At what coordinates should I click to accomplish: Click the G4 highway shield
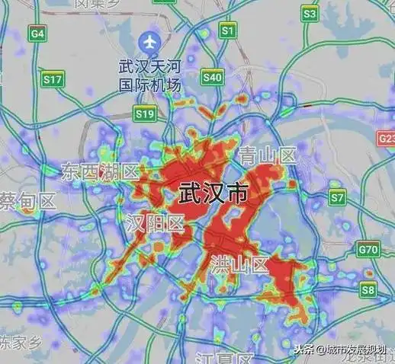tap(37, 34)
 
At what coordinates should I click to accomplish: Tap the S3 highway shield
tap(309, 14)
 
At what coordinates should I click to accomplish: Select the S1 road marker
tap(227, 30)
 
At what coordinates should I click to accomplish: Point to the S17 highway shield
tap(53, 78)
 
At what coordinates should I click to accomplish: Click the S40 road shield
tap(213, 77)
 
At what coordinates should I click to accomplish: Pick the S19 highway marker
tap(144, 113)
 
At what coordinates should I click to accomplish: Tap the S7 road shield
tap(337, 197)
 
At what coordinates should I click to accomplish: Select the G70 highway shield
tap(368, 250)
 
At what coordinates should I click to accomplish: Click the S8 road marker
tap(369, 289)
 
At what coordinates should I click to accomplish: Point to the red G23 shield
tap(387, 139)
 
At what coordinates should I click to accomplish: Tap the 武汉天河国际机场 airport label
tap(149, 75)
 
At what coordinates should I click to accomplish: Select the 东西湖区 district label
tap(99, 170)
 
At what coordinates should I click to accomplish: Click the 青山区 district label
tap(267, 156)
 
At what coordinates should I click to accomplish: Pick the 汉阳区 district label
tap(155, 224)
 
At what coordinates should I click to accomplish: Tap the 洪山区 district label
tap(239, 266)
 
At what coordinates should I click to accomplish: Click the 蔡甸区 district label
tap(28, 202)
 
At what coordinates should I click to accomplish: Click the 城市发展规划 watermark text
tap(358, 350)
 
